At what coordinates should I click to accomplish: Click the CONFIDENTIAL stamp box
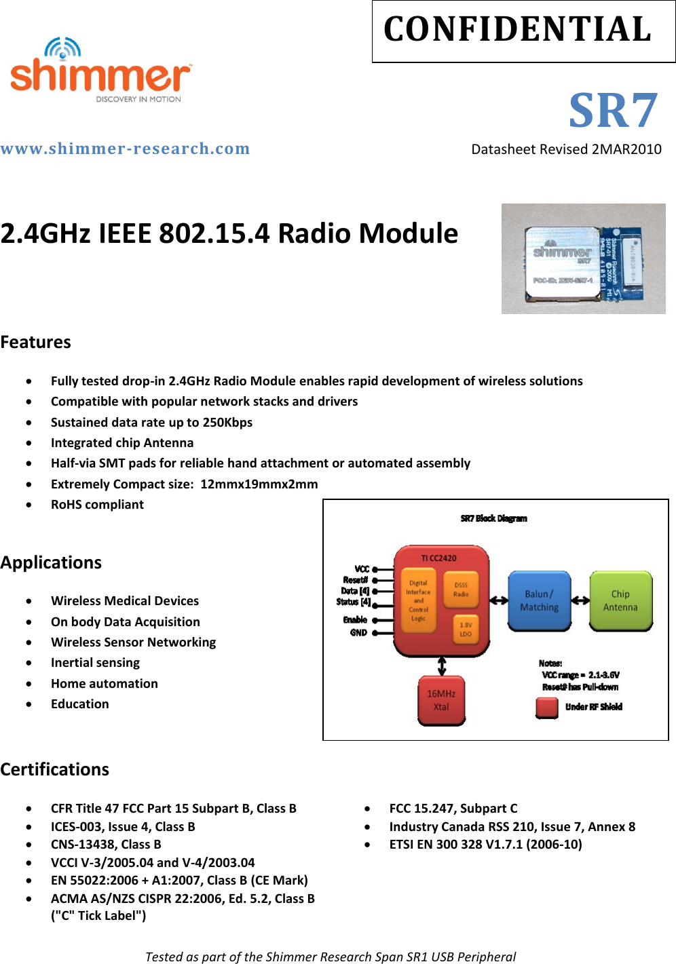[x=523, y=31]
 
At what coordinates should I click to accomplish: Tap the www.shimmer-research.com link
[x=126, y=149]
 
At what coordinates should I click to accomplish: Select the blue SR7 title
[x=613, y=111]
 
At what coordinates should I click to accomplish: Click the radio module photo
[x=583, y=258]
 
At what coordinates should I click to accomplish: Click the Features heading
[x=36, y=342]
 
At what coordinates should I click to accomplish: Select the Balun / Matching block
[x=540, y=600]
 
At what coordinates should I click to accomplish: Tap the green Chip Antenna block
[x=620, y=600]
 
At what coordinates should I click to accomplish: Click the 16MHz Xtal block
[x=441, y=700]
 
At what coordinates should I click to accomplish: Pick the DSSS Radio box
[x=461, y=590]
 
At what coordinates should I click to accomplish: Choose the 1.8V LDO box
[x=466, y=630]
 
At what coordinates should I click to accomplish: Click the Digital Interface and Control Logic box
[x=418, y=600]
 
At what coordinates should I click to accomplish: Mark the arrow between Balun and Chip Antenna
[x=580, y=600]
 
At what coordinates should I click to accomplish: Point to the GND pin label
[x=358, y=633]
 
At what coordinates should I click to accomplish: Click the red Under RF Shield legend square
[x=547, y=707]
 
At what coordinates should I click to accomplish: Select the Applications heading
[x=51, y=562]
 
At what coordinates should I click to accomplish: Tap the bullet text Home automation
[x=105, y=683]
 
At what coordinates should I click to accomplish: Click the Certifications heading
[x=55, y=769]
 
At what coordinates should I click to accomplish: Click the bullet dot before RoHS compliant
[x=29, y=505]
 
